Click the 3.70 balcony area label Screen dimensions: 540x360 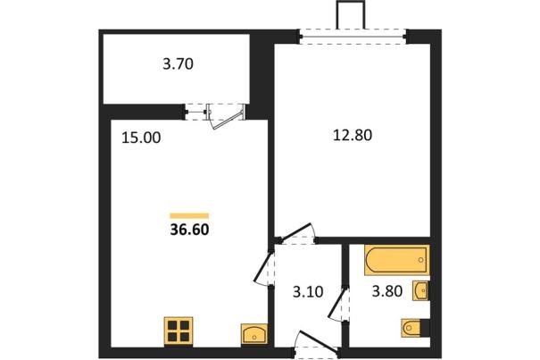point(178,64)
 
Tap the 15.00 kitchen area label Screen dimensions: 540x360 point(141,138)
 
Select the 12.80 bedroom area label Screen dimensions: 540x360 point(353,135)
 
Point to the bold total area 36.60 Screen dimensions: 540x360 point(189,230)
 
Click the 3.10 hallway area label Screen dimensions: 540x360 point(308,292)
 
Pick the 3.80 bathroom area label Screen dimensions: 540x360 point(387,291)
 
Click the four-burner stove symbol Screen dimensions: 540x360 point(179,331)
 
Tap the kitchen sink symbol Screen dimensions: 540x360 point(254,333)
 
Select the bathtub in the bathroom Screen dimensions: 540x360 point(397,260)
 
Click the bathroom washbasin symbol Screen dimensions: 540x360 point(421,291)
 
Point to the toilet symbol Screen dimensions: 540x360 point(411,328)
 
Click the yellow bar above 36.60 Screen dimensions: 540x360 point(189,216)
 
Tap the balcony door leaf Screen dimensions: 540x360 point(228,118)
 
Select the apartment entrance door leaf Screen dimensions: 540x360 point(319,342)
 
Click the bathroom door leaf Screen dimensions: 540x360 point(336,303)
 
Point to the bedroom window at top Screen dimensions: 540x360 point(353,37)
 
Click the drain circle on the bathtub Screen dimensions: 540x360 point(420,260)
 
